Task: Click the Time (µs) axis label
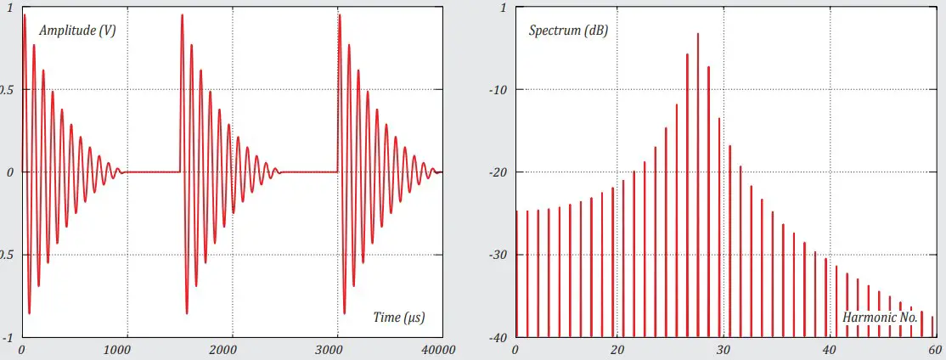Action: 398,318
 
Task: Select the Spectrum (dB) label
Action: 568,31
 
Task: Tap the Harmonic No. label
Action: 880,318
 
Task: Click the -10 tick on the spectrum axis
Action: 494,90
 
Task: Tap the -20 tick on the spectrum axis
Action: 494,172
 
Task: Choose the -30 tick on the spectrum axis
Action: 494,255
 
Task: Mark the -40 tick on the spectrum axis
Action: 494,337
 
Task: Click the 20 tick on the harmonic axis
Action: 618,350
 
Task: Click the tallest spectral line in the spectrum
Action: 698,35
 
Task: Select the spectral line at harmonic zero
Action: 516,272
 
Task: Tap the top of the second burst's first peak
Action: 182,15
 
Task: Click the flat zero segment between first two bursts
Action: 153,172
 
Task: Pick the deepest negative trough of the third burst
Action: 344,313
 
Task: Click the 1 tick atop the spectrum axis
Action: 503,8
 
